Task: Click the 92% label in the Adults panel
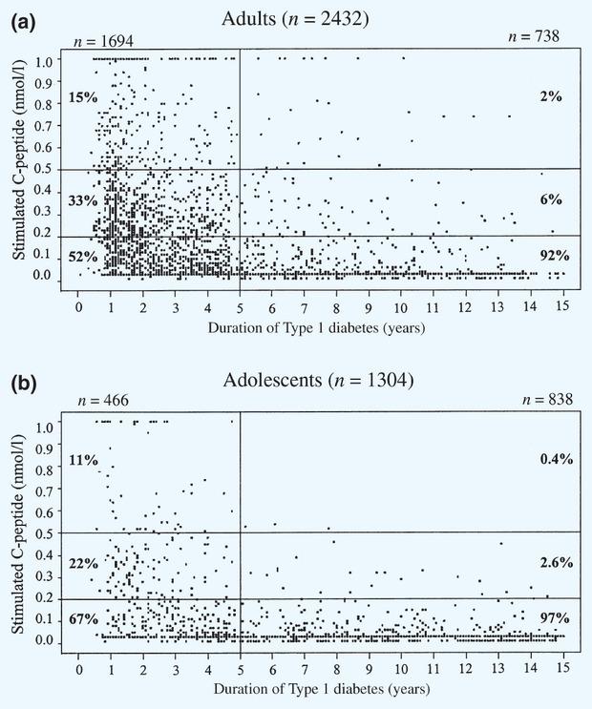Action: pyautogui.click(x=553, y=255)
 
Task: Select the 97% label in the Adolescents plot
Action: pyautogui.click(x=555, y=619)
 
